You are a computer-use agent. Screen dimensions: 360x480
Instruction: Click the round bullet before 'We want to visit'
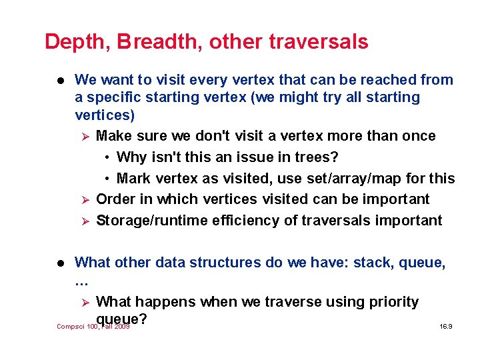[58, 81]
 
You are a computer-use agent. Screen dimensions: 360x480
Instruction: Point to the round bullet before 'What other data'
[58, 263]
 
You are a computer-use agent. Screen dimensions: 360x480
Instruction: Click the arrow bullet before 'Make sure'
[84, 137]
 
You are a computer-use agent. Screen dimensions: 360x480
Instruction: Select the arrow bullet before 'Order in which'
[84, 200]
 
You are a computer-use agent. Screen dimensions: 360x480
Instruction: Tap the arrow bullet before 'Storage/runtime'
[84, 221]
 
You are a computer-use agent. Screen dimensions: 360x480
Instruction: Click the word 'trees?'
[315, 157]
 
